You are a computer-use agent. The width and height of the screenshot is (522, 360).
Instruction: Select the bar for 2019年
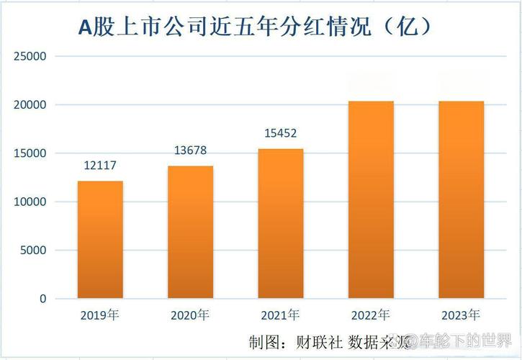click(100, 239)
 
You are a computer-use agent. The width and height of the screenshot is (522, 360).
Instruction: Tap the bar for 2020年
click(190, 232)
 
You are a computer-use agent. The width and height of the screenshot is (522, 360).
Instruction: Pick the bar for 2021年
click(281, 223)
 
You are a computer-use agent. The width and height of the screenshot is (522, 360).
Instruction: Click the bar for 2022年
click(371, 199)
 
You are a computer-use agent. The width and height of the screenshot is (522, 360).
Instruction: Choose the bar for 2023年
click(461, 199)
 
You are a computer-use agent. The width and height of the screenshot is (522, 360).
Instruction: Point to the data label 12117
click(100, 166)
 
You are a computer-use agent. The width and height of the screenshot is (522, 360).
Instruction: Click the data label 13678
click(190, 150)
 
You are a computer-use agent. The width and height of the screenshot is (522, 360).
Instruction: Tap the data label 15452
click(281, 133)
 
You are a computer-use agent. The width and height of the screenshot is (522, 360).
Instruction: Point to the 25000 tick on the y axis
click(30, 56)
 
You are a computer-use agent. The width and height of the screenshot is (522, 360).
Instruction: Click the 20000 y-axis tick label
click(30, 105)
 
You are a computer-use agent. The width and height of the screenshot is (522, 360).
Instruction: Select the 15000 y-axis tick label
click(30, 153)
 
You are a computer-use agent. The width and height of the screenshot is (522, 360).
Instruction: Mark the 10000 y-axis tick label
click(30, 202)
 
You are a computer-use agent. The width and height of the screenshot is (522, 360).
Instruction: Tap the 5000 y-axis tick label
click(33, 251)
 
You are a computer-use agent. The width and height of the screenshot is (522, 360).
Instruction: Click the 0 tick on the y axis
click(42, 299)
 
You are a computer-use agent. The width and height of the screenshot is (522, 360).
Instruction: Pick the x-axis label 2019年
click(100, 315)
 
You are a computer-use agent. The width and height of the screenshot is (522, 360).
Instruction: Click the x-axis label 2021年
click(281, 315)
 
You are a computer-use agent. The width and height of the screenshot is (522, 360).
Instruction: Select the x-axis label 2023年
click(461, 315)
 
